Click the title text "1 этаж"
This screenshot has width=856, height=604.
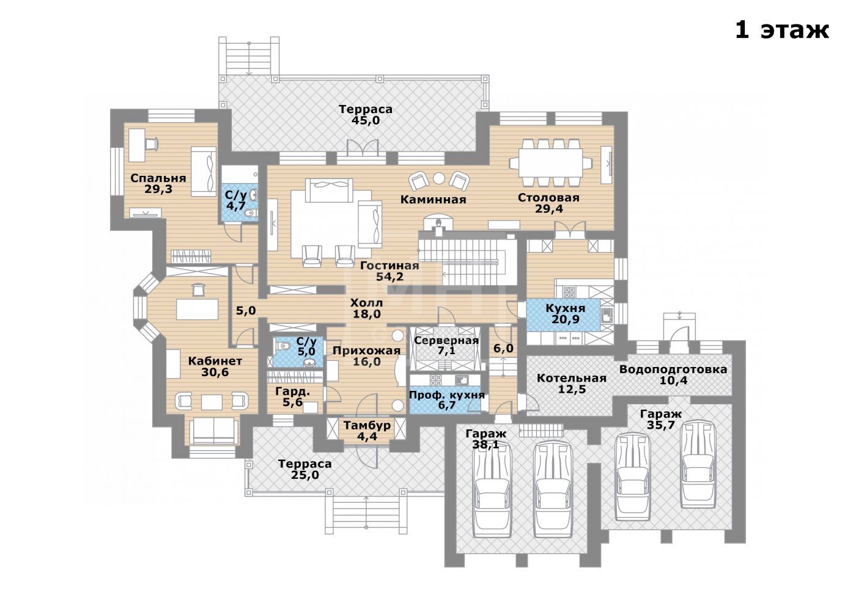coord(782,31)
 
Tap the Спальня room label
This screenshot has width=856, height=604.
coord(158,178)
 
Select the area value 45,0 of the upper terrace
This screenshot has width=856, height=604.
coord(366,121)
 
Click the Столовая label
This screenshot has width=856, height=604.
coord(548,198)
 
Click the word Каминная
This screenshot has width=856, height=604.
coord(433,200)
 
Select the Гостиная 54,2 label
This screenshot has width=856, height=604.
coord(389,271)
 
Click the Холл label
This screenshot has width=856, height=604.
coord(366,304)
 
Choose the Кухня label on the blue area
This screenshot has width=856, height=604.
coord(565,308)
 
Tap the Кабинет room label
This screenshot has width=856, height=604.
coord(215,361)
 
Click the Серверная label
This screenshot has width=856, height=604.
coord(446,340)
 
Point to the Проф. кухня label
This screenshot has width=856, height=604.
coord(447,395)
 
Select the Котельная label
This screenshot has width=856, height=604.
coord(572,378)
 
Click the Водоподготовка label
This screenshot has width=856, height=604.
coord(673,369)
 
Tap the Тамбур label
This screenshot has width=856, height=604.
coord(367,425)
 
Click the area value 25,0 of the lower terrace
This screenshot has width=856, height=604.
coord(304,475)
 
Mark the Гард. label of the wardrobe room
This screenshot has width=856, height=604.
coord(292,391)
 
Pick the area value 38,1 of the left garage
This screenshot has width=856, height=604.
coord(485,445)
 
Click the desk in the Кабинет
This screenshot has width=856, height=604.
coord(197,309)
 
